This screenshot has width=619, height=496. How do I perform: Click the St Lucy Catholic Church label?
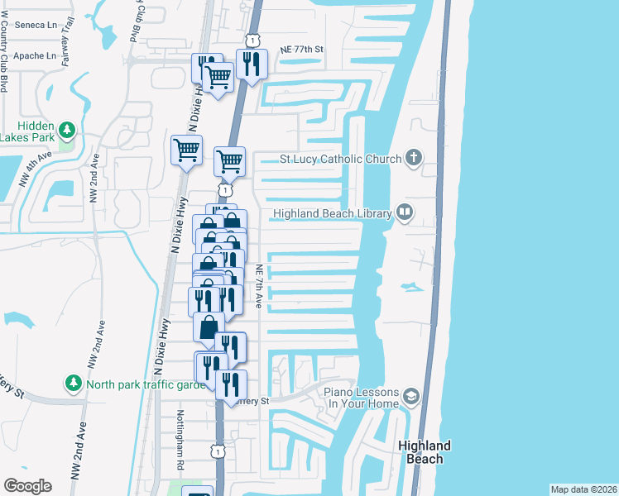pos(340,159)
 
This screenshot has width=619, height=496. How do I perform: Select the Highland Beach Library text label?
pos(331,213)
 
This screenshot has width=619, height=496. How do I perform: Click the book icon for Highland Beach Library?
pos(405,212)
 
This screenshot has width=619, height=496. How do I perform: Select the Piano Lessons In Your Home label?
pos(361,398)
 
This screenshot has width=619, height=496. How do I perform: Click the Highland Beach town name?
pos(425,451)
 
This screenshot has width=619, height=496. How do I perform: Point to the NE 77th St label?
pos(300,50)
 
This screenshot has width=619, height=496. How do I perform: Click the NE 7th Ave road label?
pos(259,286)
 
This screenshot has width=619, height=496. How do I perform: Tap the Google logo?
pos(27,486)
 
